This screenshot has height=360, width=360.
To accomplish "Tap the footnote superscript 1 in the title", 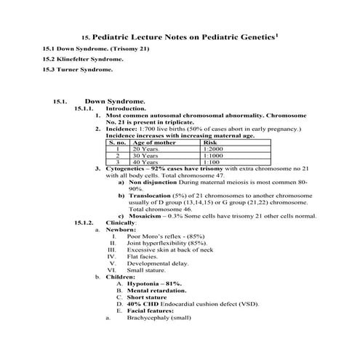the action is pos(279,32).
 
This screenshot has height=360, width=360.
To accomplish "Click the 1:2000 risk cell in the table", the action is pos(216,148).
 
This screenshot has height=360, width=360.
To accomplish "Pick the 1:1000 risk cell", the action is pos(216,155).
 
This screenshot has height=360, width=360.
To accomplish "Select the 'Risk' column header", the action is pos(211,142).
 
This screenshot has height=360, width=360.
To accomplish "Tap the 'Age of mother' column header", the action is pos(153,142).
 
